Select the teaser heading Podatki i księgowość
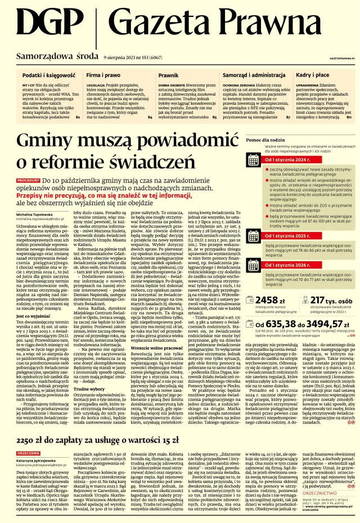(49, 75)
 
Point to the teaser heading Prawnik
(169, 75)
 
